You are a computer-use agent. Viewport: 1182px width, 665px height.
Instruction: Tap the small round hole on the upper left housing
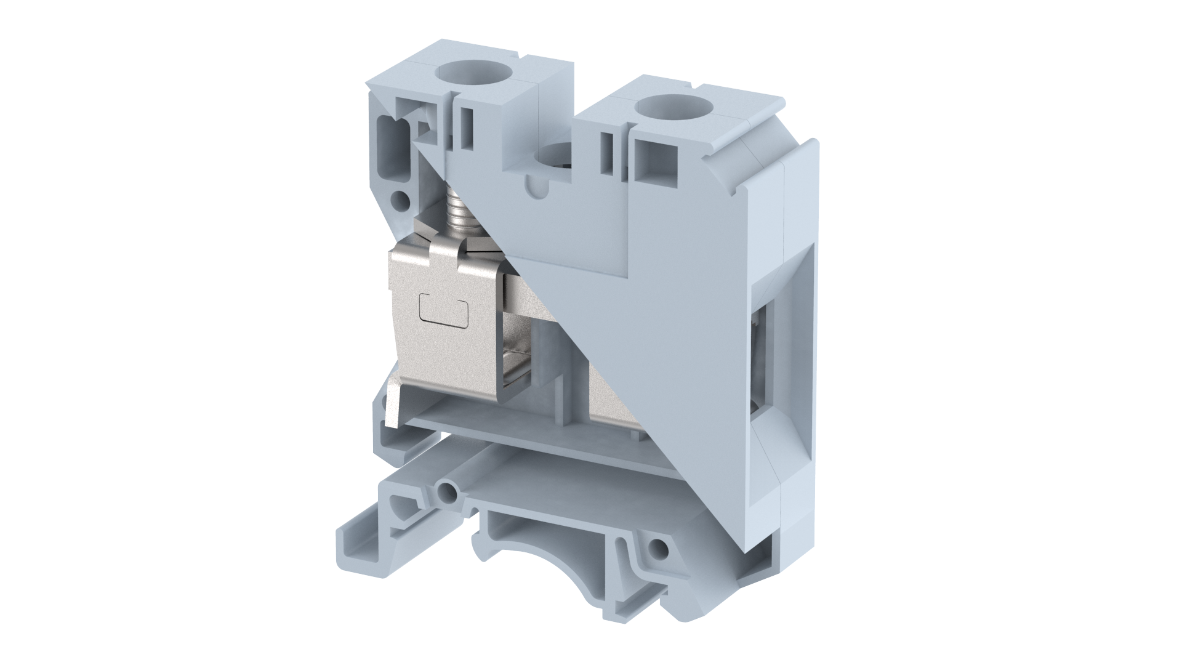(x=401, y=198)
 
